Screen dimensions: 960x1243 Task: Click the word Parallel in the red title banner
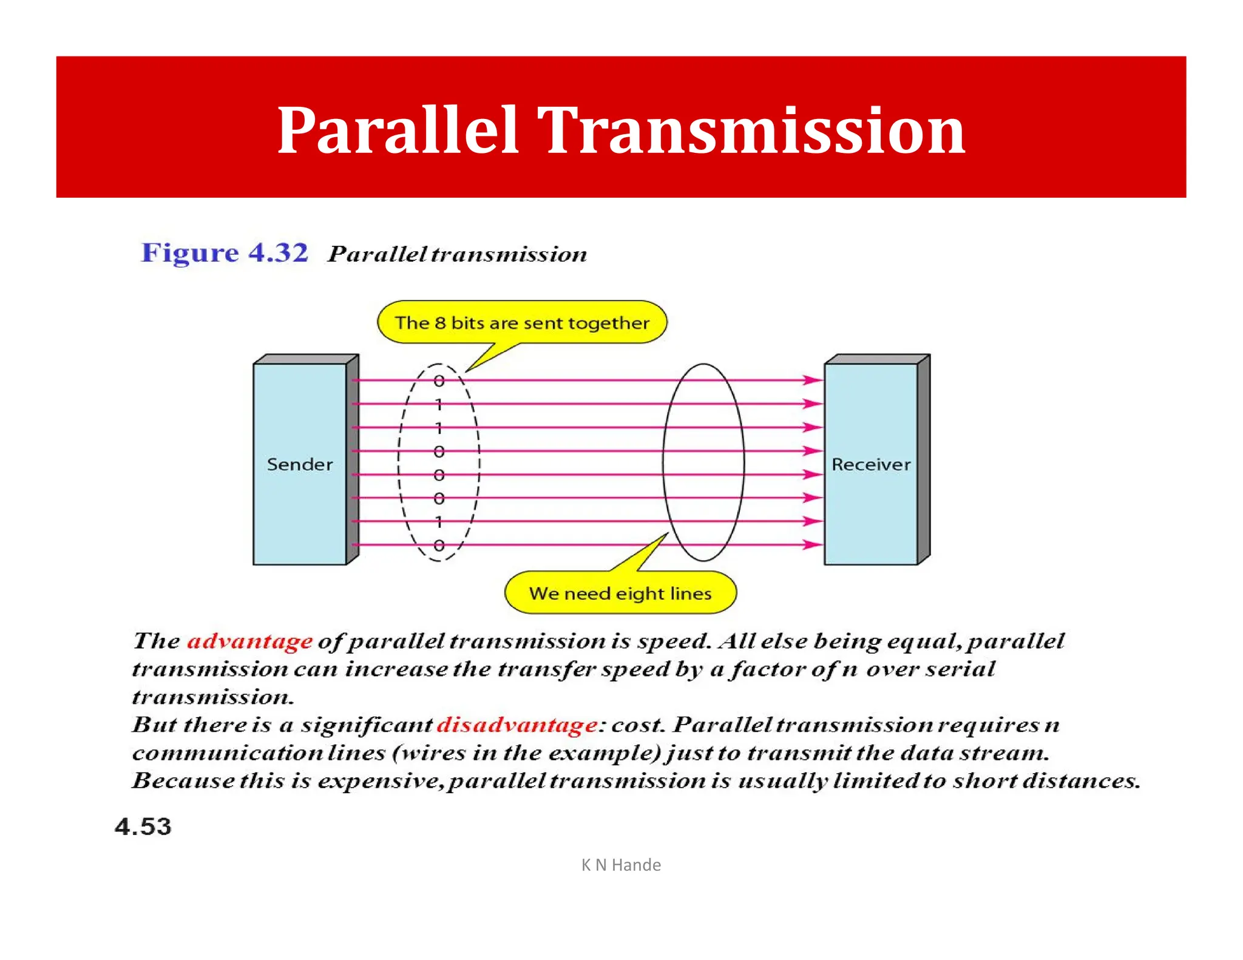coord(398,130)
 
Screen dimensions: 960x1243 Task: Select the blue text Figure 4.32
coord(225,252)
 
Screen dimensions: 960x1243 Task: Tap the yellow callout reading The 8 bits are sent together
coord(522,323)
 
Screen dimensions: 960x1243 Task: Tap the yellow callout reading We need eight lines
coord(620,593)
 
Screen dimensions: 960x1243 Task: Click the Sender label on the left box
coord(300,465)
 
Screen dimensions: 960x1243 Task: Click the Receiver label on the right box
coord(871,465)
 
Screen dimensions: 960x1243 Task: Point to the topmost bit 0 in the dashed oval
coord(439,381)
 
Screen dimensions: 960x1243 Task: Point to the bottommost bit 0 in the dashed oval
coord(439,546)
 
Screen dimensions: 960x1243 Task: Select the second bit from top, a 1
coord(439,404)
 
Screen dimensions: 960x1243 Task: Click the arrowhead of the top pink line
coord(813,380)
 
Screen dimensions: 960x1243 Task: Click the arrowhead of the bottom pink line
coord(813,545)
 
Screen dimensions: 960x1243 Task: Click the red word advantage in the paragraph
coord(249,641)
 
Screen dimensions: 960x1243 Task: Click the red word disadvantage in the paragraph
coord(517,725)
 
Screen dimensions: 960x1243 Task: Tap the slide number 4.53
coord(143,827)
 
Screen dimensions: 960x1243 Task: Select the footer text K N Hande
coord(621,865)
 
